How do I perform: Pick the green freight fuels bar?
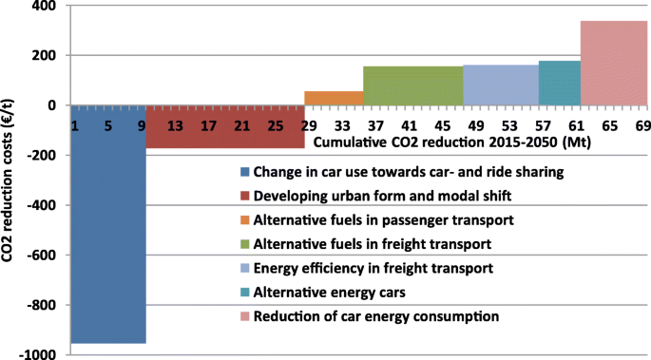[412, 85]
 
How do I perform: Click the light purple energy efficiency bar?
[500, 85]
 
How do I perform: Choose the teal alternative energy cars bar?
[559, 83]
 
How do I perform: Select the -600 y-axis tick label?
[41, 256]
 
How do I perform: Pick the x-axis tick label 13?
[174, 126]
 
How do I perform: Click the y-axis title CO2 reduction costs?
[11, 180]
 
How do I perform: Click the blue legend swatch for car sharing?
[246, 172]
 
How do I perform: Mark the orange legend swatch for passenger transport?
[246, 220]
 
